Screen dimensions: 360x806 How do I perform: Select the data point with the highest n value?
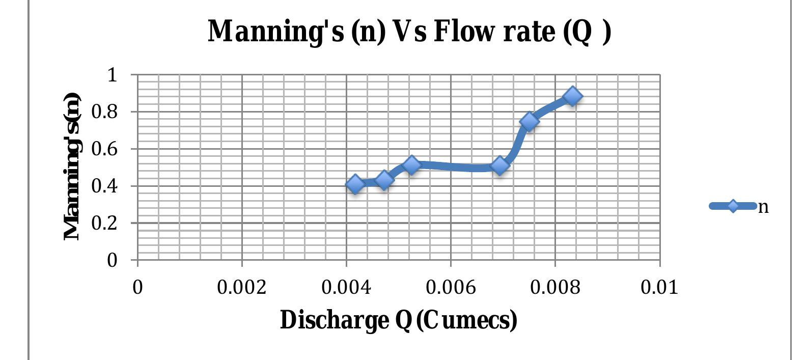click(x=572, y=96)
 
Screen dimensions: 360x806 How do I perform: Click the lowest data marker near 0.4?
click(x=355, y=184)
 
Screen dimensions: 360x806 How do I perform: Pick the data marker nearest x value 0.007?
click(x=500, y=165)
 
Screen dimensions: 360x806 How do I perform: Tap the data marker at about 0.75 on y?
click(x=530, y=121)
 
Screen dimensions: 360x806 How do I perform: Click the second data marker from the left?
click(x=384, y=179)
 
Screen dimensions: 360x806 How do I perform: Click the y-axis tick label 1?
click(x=112, y=75)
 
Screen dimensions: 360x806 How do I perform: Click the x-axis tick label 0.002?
click(x=241, y=288)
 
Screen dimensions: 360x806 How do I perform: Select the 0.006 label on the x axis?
click(x=450, y=288)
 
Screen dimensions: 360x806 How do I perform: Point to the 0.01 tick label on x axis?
click(x=659, y=288)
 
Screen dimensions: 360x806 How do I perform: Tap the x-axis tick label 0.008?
click(x=555, y=288)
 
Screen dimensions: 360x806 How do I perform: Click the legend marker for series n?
click(x=732, y=206)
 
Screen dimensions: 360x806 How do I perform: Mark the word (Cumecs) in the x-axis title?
click(x=466, y=320)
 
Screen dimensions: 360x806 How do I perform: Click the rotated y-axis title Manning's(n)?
click(x=72, y=167)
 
